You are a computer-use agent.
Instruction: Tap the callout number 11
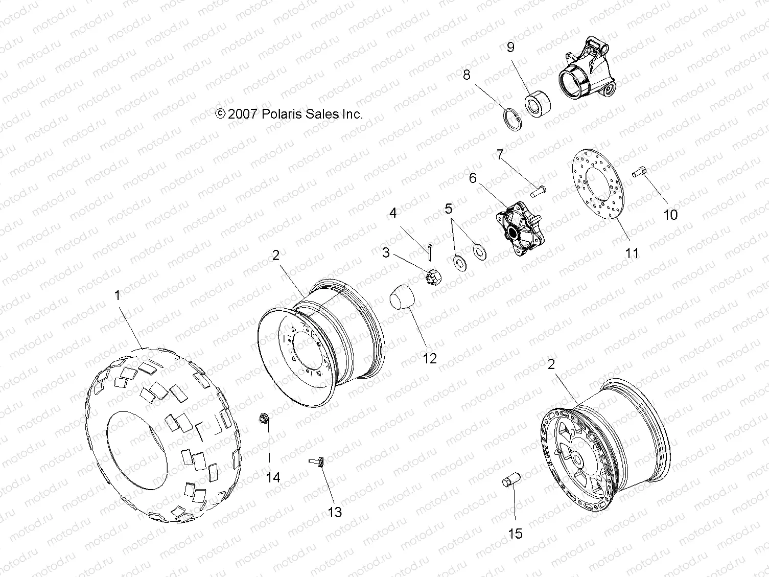(632, 253)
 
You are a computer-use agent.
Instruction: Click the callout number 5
(448, 209)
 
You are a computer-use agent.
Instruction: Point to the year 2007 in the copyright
(243, 114)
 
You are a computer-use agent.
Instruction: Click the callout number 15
(516, 534)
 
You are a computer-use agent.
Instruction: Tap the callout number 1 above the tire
(118, 295)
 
